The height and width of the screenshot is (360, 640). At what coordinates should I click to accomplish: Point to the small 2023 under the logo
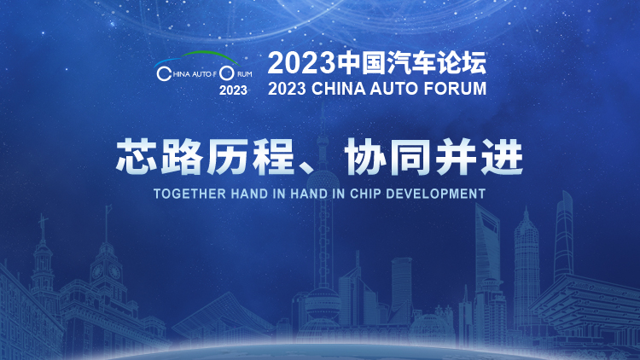coord(233,90)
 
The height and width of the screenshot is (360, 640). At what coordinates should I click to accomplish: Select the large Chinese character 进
coord(502,157)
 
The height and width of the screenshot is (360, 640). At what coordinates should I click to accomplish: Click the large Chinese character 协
coord(366,157)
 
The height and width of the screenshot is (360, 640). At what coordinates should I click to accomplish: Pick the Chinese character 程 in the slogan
coord(273,157)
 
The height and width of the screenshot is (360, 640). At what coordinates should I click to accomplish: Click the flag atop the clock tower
coord(108,208)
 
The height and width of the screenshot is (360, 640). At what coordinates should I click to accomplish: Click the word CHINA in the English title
coord(339,89)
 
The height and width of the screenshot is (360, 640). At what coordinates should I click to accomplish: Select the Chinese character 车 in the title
coord(424,63)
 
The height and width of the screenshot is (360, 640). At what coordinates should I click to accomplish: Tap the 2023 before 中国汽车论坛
coord(301,63)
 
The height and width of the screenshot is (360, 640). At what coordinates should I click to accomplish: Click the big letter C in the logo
coord(164,74)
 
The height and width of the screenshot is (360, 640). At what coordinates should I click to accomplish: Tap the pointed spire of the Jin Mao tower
coord(527,213)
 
